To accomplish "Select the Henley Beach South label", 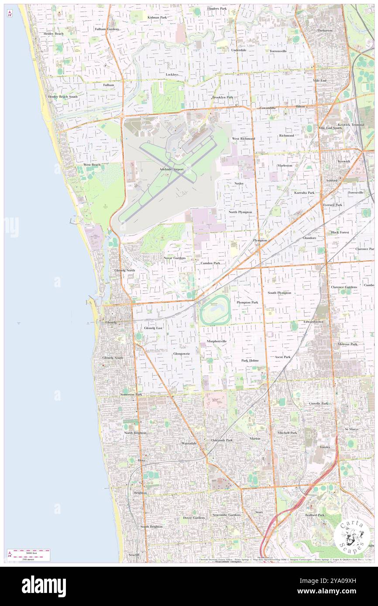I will pos(63,96).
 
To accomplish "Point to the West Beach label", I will pos(92,165).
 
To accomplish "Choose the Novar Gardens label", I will pos(175,258).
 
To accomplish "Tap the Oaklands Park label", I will pos(222,440).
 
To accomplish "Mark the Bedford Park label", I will pos(315,515).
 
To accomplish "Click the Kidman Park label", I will pos(157,17).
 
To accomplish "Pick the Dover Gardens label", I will pos(194,517).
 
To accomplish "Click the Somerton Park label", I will pos(131,394).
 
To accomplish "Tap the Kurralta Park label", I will pos(304,192).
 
